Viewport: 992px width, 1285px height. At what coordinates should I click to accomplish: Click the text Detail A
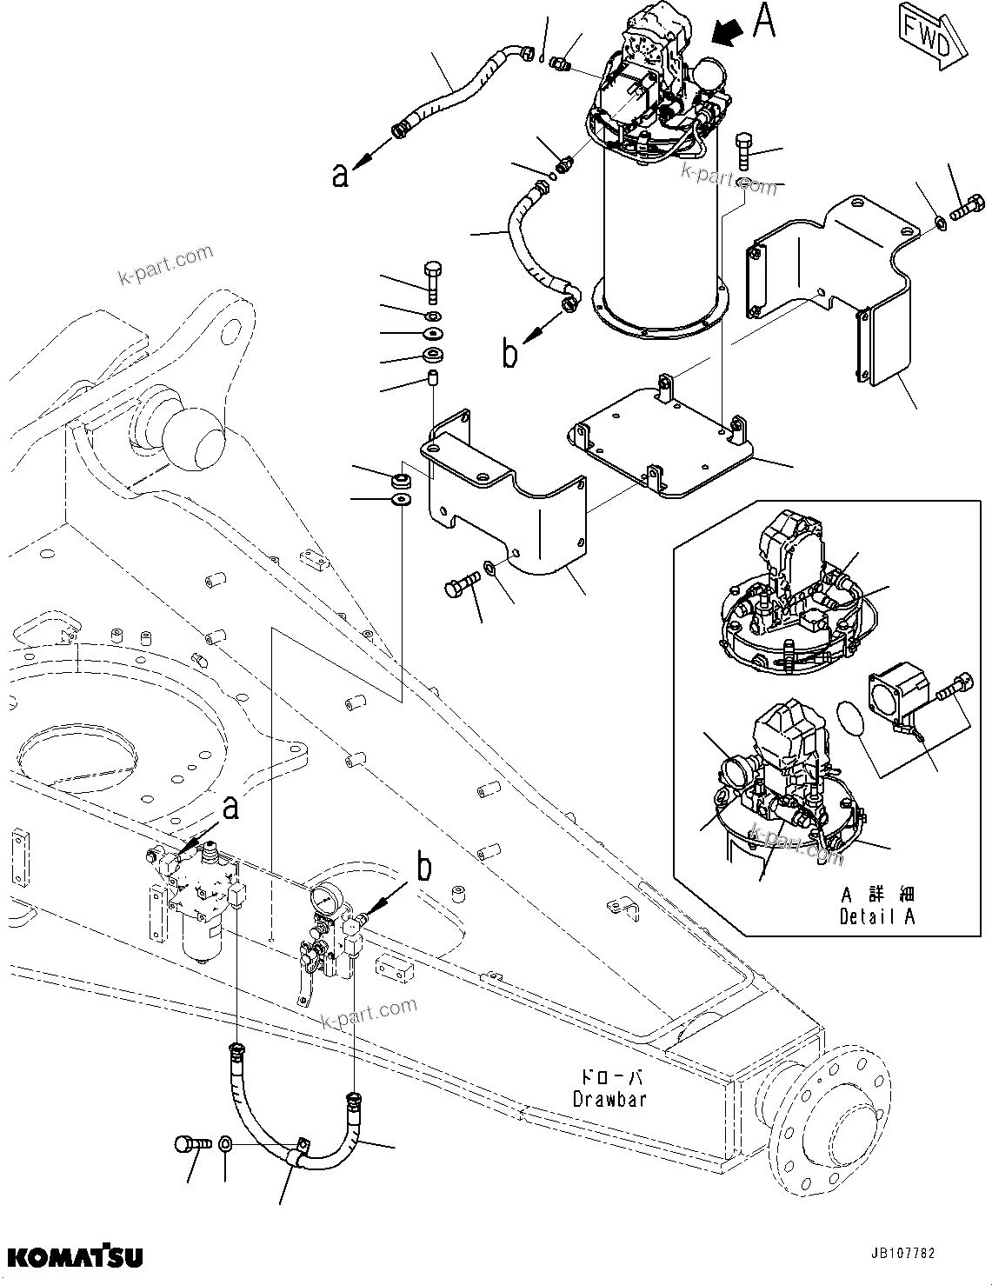[877, 915]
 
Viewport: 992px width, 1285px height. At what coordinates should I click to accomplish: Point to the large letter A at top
[762, 22]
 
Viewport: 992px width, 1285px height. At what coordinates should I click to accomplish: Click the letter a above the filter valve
[230, 808]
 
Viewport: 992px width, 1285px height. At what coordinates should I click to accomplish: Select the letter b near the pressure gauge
[423, 867]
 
